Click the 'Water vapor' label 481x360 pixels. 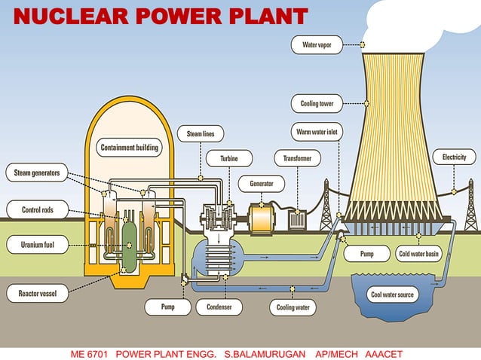[317, 45]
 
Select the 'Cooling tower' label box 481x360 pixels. [317, 103]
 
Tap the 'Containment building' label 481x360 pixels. [130, 148]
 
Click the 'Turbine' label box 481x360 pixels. [229, 159]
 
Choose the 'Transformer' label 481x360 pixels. [297, 159]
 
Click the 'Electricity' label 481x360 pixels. [455, 157]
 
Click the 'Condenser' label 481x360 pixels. [219, 307]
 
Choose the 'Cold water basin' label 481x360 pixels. [418, 255]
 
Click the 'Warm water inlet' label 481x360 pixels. [317, 133]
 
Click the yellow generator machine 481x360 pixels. [262, 219]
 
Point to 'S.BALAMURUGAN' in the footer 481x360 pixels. [261, 353]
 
